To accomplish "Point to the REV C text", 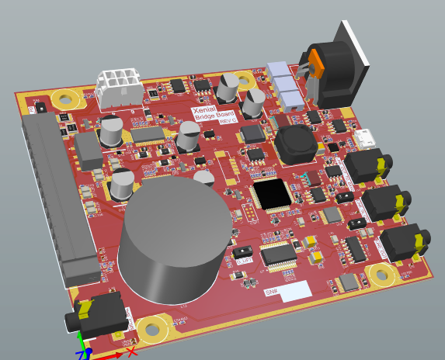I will click(x=227, y=121).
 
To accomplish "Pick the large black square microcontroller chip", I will click(x=273, y=194).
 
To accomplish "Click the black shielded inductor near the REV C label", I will click(x=293, y=145).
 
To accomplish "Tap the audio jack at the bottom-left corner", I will click(x=97, y=314).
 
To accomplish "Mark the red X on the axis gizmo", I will click(x=131, y=351).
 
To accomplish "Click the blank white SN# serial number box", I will click(x=296, y=291).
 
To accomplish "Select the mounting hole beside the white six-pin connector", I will click(x=64, y=99).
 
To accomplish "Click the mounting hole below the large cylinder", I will click(x=152, y=330).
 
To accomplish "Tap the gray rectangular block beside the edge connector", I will click(x=88, y=150).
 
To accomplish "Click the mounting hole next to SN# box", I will click(x=381, y=273).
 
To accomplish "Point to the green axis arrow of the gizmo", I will click(x=78, y=341).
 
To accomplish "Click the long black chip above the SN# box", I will click(x=277, y=254).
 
